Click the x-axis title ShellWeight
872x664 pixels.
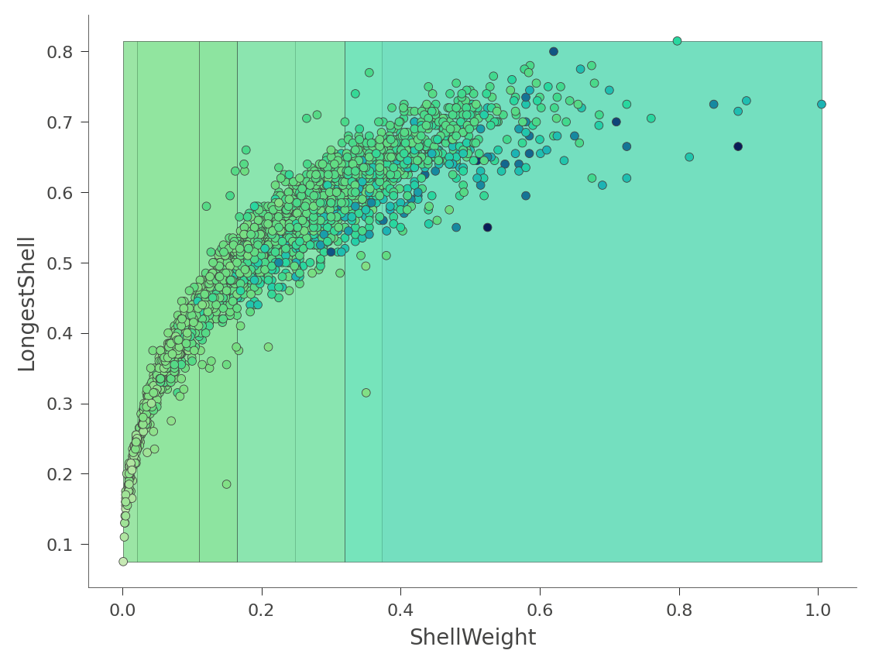click(x=472, y=638)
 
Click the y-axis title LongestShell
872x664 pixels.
click(x=27, y=304)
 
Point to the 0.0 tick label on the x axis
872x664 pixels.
click(x=122, y=610)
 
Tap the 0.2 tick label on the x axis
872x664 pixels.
click(x=261, y=610)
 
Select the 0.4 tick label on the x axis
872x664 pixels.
click(x=400, y=610)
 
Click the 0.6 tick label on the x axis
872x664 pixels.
click(x=540, y=610)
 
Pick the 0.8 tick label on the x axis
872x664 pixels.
click(x=679, y=610)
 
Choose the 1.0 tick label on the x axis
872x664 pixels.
click(x=818, y=610)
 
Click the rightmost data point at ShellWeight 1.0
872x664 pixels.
click(x=821, y=104)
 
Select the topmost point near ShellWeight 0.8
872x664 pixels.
click(x=677, y=41)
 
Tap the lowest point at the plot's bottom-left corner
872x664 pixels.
click(x=123, y=561)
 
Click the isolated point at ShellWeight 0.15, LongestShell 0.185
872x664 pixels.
click(x=226, y=484)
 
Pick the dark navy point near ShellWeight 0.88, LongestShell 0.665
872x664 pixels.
click(x=738, y=146)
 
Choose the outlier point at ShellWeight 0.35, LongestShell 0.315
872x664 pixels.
click(x=366, y=393)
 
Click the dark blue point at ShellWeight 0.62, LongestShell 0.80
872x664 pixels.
click(x=554, y=52)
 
